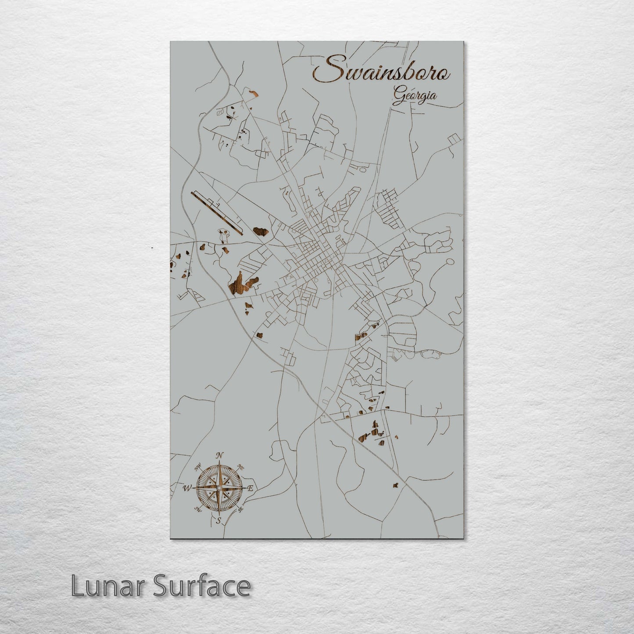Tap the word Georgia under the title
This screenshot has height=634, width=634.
tap(415, 96)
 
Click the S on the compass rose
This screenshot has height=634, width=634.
tap(218, 521)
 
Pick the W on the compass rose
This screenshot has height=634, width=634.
tap(187, 487)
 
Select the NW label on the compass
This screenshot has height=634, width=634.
tap(198, 466)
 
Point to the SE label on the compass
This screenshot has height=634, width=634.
tap(240, 509)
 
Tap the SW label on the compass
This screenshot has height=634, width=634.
tap(197, 509)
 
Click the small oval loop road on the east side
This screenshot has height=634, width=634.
tap(449, 263)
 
